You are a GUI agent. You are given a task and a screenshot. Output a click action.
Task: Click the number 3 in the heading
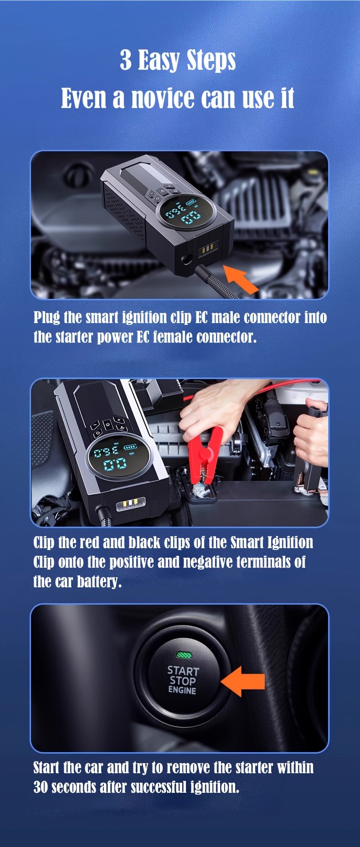tap(125, 60)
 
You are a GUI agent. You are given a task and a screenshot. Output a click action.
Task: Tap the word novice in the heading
tap(162, 98)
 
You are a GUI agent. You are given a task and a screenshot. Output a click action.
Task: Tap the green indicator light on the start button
tap(184, 656)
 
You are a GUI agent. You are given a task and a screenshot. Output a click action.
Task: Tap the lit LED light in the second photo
tap(130, 503)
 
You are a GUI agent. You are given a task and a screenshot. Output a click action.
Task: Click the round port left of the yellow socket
tap(186, 262)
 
